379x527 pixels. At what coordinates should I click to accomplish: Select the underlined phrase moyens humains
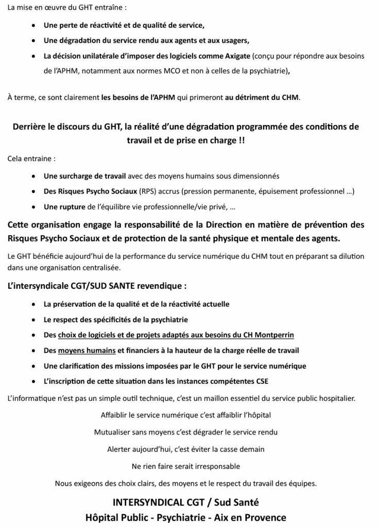[87, 350]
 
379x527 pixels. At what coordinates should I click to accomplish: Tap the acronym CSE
[262, 381]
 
